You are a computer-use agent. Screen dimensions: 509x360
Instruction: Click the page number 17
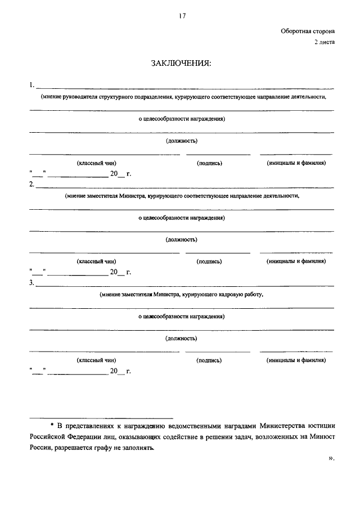[x=181, y=16]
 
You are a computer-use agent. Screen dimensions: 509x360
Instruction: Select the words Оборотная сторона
[x=308, y=32]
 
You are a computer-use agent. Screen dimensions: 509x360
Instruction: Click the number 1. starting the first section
[x=31, y=85]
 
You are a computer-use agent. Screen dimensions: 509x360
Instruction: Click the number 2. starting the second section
[x=31, y=184]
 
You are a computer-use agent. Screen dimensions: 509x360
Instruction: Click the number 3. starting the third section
[x=31, y=282]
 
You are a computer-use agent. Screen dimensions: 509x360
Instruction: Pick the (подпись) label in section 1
[x=210, y=163]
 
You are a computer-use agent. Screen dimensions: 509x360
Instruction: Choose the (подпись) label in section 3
[x=209, y=360]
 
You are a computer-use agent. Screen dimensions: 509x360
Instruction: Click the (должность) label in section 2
[x=181, y=240]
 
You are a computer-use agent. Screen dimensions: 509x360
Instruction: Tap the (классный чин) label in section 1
[x=97, y=163]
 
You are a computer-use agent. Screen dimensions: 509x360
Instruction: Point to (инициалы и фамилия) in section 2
[x=296, y=261]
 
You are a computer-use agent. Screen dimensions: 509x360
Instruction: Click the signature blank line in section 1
[x=218, y=154]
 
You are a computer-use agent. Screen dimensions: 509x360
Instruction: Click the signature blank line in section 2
[x=218, y=252]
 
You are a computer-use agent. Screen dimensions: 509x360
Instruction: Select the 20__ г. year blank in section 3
[x=120, y=371]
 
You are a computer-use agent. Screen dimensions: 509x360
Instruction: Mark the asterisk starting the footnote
[x=52, y=425]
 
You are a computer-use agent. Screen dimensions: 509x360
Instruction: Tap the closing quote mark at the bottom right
[x=331, y=458]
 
